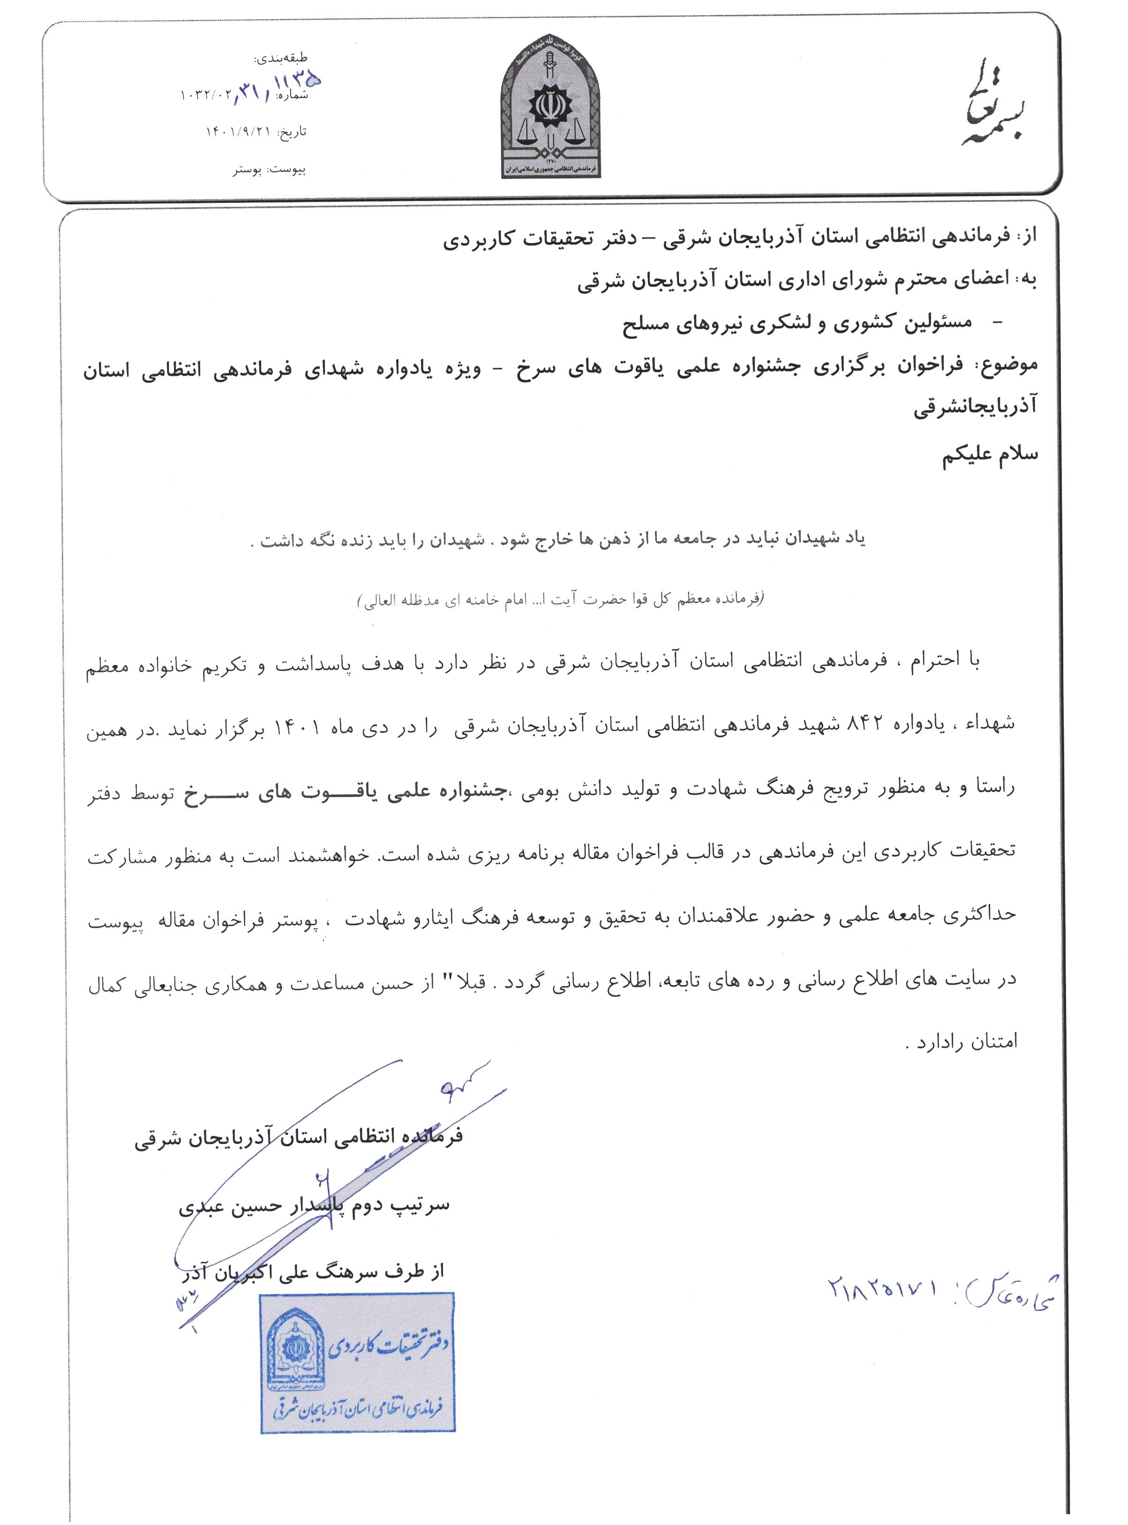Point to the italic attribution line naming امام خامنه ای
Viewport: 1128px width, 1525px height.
(x=560, y=600)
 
